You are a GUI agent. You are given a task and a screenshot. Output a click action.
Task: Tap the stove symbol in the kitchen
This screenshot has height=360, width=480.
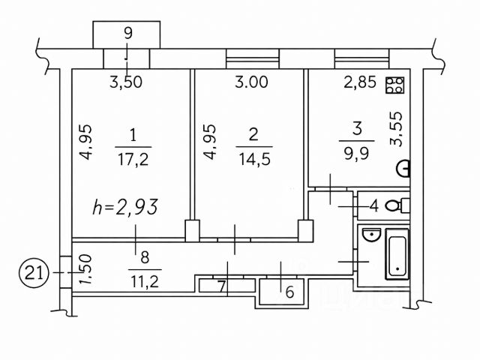tap(395, 84)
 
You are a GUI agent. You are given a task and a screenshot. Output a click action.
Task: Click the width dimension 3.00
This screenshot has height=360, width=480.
tap(250, 83)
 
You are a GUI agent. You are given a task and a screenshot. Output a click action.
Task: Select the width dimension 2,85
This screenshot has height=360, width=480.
tap(358, 83)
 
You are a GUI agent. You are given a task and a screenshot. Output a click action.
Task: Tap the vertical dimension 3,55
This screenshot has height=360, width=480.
tap(399, 127)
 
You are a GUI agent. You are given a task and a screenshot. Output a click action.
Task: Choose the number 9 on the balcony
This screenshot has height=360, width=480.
tap(127, 33)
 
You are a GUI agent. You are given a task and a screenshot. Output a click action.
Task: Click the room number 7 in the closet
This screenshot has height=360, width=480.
tap(221, 285)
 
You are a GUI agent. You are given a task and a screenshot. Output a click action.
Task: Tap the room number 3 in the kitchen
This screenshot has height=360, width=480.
tap(356, 127)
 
